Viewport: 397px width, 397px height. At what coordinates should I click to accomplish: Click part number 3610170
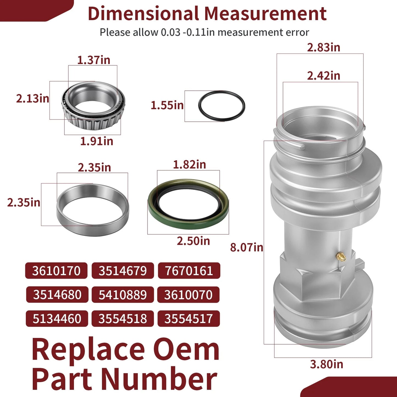click(56, 271)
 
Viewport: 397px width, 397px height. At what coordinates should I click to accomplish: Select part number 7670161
click(189, 271)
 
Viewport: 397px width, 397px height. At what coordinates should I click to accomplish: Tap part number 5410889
click(123, 295)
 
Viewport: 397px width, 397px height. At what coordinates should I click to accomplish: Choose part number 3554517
click(188, 319)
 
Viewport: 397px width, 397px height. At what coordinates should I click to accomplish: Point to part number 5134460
click(57, 319)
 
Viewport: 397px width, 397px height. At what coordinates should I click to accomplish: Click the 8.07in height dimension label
click(246, 247)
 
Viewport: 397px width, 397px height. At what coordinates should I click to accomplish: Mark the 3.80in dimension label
click(326, 364)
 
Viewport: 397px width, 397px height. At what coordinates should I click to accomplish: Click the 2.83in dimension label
click(323, 48)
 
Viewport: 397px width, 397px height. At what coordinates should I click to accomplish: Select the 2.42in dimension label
click(323, 76)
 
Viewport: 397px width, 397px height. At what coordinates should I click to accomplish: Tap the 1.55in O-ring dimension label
click(167, 105)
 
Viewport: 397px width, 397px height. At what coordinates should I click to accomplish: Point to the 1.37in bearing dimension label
click(93, 60)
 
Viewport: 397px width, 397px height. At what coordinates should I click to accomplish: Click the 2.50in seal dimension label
click(193, 241)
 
